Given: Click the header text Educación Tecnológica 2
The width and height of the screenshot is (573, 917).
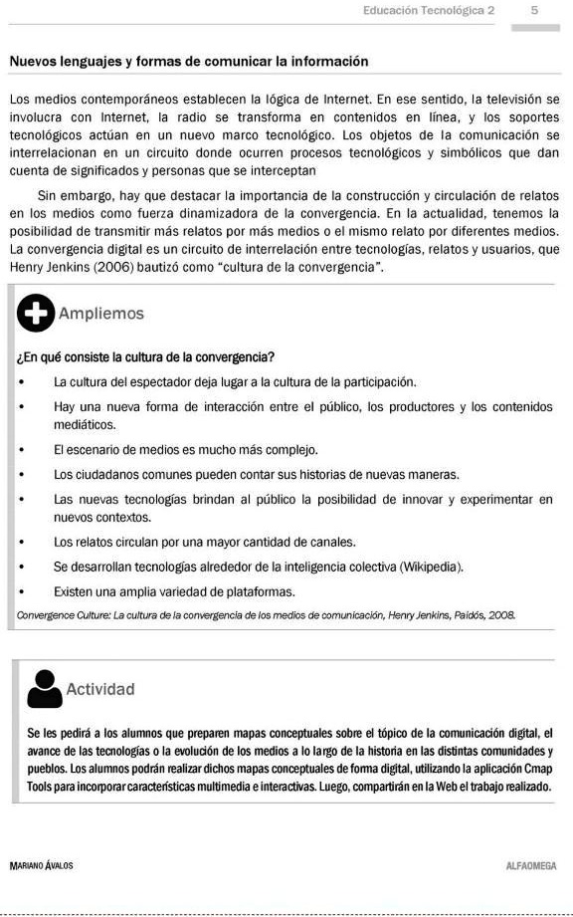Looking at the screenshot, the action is coord(429,10).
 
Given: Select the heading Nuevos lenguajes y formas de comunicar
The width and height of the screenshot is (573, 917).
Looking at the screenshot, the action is coord(189,62).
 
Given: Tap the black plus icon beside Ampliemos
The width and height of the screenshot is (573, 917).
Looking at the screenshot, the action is coord(36,315).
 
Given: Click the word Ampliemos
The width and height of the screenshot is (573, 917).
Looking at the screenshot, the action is coord(101,314).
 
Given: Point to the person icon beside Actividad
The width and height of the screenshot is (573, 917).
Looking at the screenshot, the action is coord(42,688).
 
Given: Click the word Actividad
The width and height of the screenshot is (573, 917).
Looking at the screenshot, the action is coord(100,689).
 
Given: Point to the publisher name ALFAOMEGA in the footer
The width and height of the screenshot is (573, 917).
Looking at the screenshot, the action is coord(531,866).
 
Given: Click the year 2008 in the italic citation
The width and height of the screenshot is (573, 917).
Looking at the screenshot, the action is coord(500,616).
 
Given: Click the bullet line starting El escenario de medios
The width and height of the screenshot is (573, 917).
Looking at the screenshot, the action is coord(186,449).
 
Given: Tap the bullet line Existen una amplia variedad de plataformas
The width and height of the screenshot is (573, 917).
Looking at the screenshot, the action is coord(160,591).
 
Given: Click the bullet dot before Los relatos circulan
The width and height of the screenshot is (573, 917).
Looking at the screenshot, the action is coord(21,544).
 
